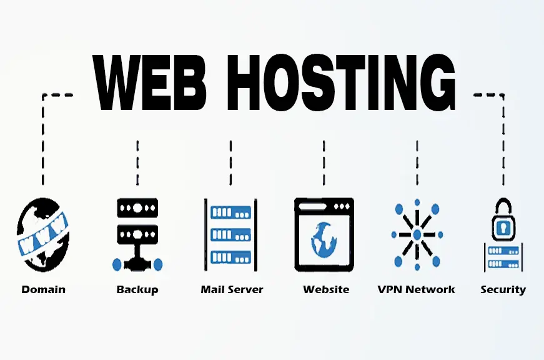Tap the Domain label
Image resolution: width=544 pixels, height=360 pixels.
coord(43,289)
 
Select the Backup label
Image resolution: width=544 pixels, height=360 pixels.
coord(137,289)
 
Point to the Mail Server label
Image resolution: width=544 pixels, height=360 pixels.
coord(232,289)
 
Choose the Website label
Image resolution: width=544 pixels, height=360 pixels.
coord(326,289)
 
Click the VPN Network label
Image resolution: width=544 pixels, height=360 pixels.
coord(417,289)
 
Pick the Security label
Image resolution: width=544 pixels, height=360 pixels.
coord(503,289)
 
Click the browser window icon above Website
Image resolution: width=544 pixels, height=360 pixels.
coord(324,234)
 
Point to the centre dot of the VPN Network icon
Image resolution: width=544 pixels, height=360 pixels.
coord(417,234)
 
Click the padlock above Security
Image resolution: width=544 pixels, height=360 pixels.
coord(503,221)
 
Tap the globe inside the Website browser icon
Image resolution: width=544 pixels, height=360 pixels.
coord(324,239)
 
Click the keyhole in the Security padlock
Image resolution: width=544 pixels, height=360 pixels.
coord(503,228)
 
